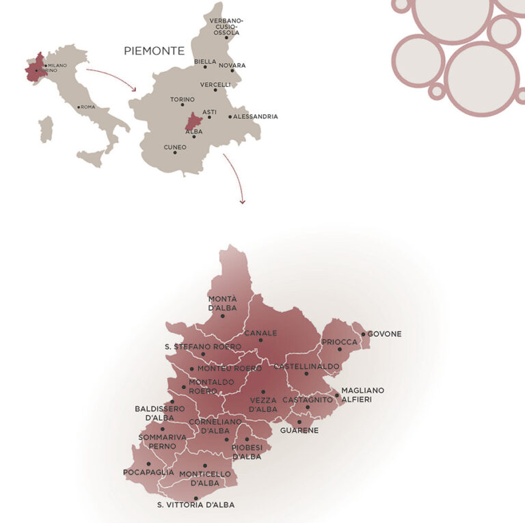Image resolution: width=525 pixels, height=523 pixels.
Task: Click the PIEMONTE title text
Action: [154, 51]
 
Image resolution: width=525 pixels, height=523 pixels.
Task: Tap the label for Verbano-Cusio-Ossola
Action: [226, 26]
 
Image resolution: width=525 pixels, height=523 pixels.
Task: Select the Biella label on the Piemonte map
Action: [204, 62]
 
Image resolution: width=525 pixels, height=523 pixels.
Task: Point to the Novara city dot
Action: [232, 70]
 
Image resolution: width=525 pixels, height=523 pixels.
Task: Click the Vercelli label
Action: [215, 84]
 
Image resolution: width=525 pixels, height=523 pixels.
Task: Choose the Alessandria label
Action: [256, 116]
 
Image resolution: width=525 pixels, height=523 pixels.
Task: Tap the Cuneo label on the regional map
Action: [175, 147]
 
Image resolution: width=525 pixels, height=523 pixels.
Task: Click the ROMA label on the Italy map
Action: [88, 107]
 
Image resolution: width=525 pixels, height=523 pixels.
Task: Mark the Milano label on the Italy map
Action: [57, 65]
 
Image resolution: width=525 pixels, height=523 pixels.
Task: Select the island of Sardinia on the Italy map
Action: [46, 128]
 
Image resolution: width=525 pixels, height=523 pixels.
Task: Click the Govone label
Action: [384, 334]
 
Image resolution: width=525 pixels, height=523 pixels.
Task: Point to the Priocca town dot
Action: [339, 349]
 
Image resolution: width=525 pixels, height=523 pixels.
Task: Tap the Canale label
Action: [260, 333]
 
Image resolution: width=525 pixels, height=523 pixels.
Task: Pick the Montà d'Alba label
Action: [222, 303]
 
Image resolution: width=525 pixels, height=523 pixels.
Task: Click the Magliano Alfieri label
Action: [362, 394]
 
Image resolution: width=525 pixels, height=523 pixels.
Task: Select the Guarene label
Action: [299, 430]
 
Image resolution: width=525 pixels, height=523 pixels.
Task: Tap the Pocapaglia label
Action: [148, 472]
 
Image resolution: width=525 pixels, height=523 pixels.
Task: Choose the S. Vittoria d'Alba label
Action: [196, 505]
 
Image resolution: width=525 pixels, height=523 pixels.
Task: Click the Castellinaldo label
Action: [306, 366]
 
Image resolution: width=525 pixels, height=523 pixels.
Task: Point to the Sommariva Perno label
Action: [157, 441]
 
